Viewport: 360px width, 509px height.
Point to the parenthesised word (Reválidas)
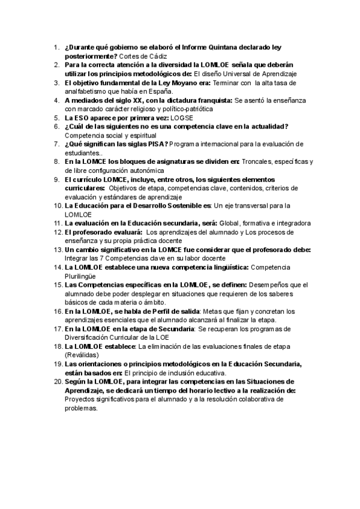click(85, 355)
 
